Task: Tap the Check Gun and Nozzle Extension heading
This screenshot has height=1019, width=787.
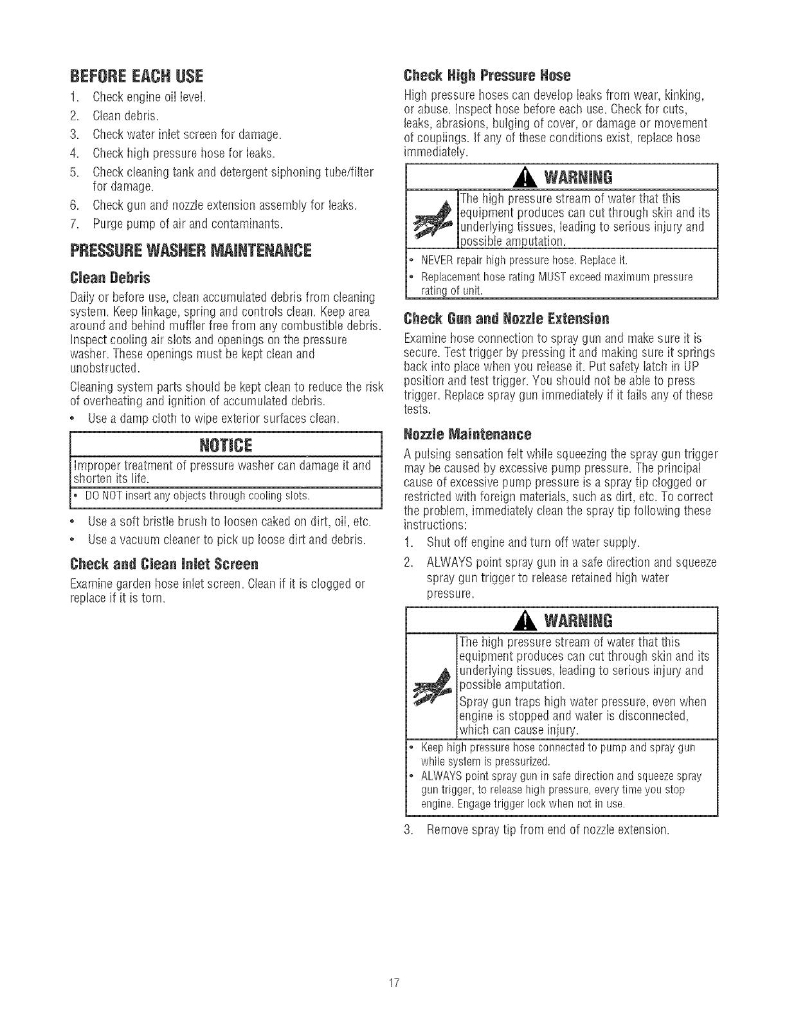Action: coord(505,319)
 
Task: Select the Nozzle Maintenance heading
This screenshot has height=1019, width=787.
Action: coord(467,434)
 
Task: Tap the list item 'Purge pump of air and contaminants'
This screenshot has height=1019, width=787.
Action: coord(188,224)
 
